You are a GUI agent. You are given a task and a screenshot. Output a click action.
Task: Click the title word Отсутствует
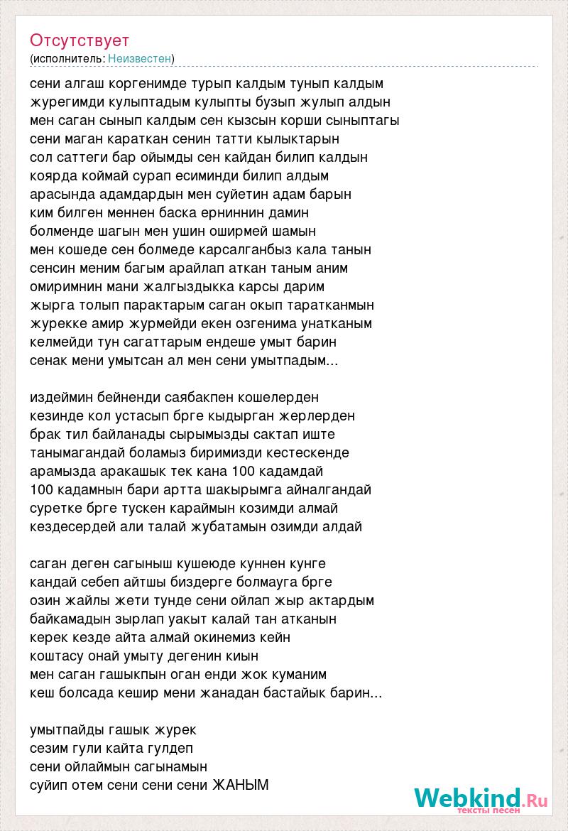(x=80, y=40)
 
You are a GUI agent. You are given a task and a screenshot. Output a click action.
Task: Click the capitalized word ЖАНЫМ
(x=241, y=786)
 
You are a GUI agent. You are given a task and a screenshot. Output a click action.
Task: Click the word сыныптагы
(x=359, y=120)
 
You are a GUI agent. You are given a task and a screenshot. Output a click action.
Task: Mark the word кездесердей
(x=71, y=526)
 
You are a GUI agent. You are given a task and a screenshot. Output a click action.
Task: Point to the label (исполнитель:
(x=67, y=58)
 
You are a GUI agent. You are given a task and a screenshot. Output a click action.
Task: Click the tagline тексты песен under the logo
(x=488, y=810)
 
